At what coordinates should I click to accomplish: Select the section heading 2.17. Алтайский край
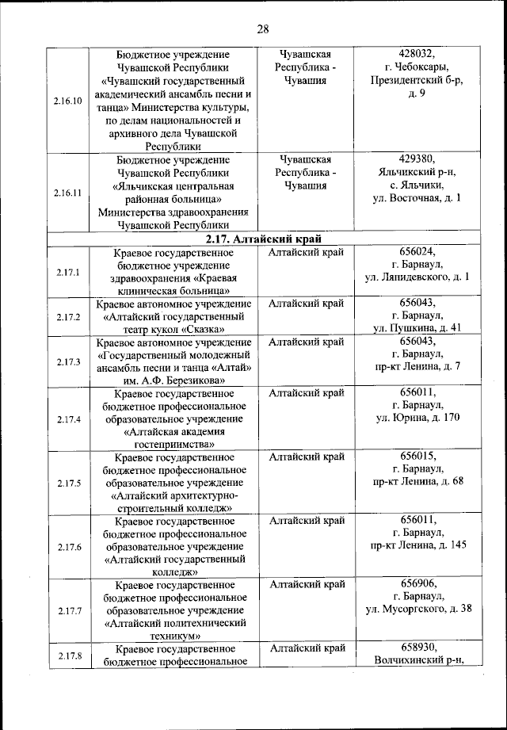pos(263,238)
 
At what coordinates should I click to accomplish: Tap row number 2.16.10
pos(68,101)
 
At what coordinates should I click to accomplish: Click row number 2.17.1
pos(68,272)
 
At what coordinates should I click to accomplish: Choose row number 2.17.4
pos(68,419)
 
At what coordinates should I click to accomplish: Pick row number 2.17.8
pos(68,655)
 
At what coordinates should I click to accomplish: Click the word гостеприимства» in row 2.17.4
pos(173,445)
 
